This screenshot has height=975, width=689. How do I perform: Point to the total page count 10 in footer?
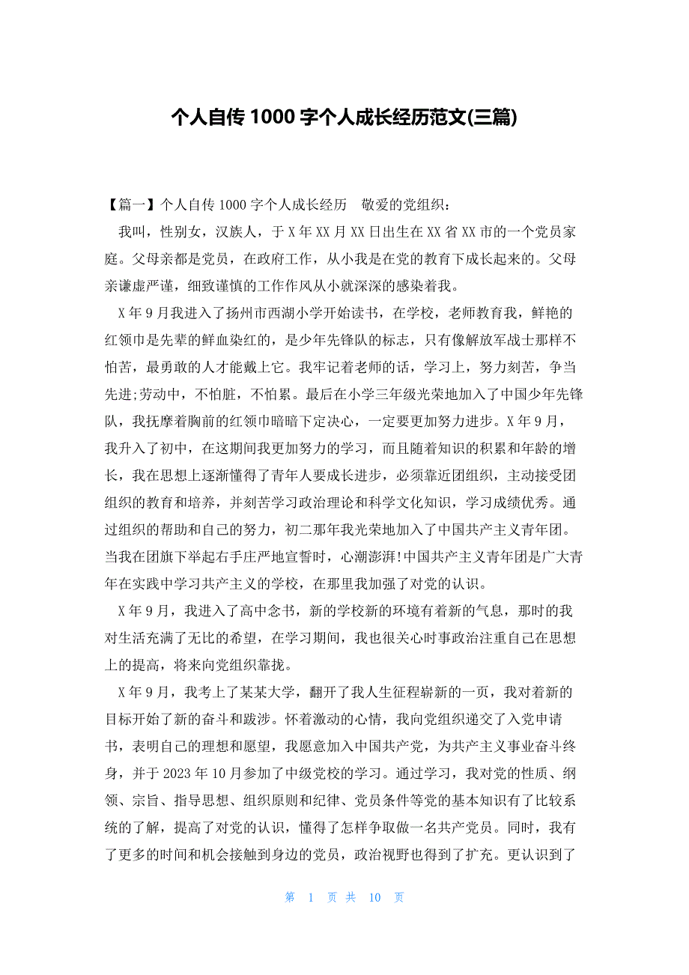375,898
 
